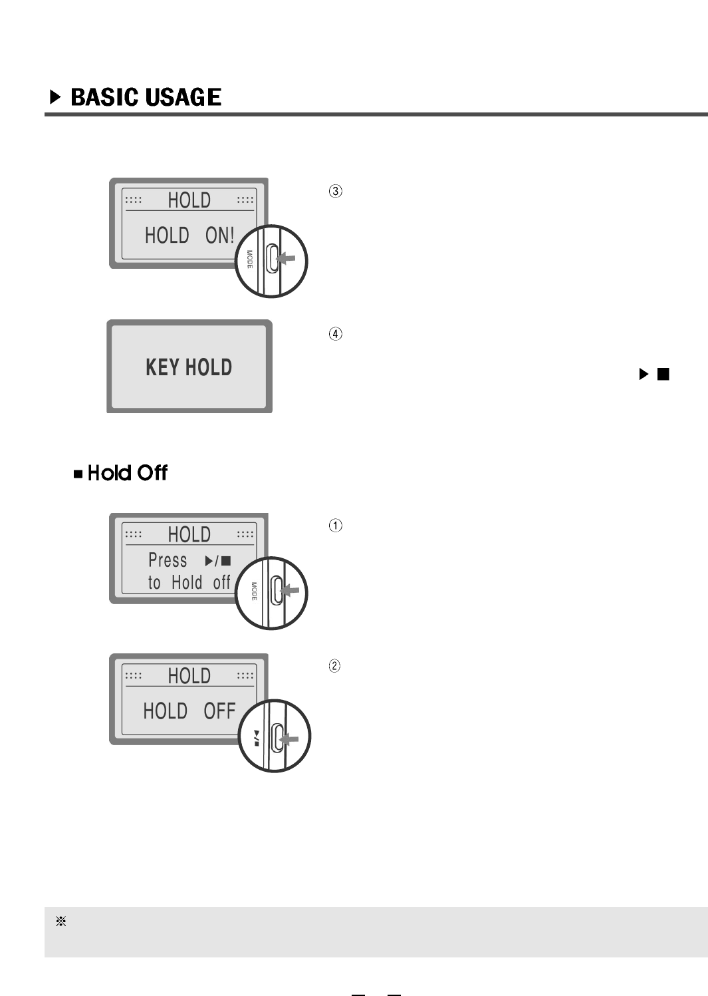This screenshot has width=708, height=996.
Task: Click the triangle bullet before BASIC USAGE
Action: [x=55, y=97]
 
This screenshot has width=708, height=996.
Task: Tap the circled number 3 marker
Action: [x=336, y=192]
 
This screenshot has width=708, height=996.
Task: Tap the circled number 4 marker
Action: [x=336, y=334]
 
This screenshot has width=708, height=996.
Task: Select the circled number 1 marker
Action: [x=336, y=526]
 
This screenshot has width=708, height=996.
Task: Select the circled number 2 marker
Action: [x=335, y=666]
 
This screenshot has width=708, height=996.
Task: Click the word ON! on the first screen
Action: [x=219, y=236]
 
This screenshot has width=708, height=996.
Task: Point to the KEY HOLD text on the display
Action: [x=189, y=367]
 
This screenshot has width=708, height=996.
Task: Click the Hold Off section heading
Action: [x=127, y=473]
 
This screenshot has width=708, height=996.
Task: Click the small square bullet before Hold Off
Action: [x=78, y=474]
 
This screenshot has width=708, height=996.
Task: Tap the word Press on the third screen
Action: [x=168, y=560]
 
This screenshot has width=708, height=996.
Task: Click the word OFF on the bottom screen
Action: [x=219, y=711]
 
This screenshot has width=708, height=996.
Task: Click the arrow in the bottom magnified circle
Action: [x=289, y=739]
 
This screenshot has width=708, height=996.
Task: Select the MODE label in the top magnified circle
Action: [x=250, y=259]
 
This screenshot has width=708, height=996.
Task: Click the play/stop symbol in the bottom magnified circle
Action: [x=257, y=737]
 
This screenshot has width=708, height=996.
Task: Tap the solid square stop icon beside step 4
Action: [x=663, y=375]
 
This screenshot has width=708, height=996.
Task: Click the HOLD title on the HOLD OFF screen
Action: [x=189, y=676]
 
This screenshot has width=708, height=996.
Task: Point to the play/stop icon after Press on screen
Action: [x=218, y=561]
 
